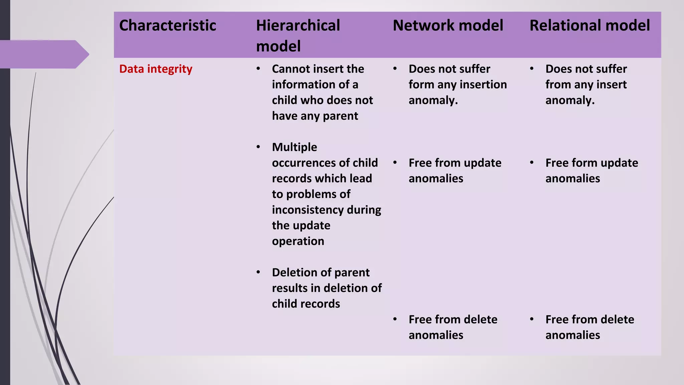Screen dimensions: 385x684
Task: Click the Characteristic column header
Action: tap(168, 26)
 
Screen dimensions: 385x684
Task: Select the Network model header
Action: tap(448, 26)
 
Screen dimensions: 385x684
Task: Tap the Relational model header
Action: tap(590, 26)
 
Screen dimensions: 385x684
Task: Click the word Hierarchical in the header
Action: tap(298, 26)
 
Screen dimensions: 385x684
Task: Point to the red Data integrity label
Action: tap(156, 69)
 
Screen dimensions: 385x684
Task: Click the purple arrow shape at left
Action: tap(43, 54)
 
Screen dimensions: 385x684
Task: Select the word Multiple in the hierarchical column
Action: tap(295, 147)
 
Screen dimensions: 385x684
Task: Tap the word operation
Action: tap(298, 241)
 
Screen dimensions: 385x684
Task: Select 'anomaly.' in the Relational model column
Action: tap(570, 100)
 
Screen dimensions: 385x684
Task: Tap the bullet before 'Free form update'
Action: tap(532, 163)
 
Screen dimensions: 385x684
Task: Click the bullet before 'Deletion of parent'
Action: tap(258, 272)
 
